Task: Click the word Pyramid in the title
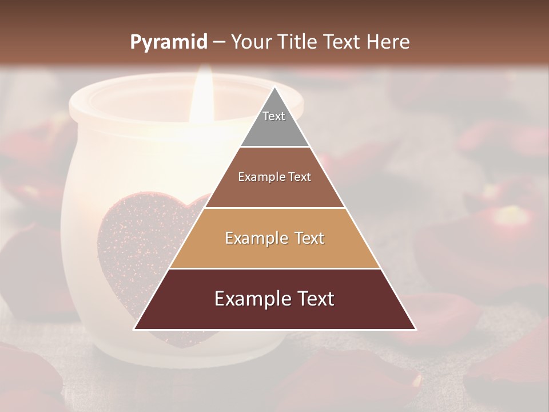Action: click(x=168, y=42)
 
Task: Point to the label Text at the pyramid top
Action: click(x=274, y=116)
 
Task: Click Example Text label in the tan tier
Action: click(x=274, y=238)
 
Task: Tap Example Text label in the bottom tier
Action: click(x=274, y=299)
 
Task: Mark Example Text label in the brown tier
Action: click(x=274, y=177)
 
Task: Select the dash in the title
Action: click(x=219, y=42)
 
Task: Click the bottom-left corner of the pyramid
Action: click(x=135, y=328)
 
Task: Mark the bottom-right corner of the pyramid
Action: click(x=415, y=328)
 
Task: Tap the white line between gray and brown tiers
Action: click(x=274, y=147)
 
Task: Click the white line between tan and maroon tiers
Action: click(x=274, y=268)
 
